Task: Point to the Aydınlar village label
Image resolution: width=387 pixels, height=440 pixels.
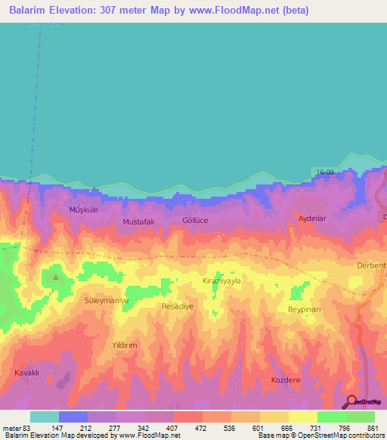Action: pyautogui.click(x=312, y=217)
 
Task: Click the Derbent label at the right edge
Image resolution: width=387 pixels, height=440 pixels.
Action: pyautogui.click(x=371, y=265)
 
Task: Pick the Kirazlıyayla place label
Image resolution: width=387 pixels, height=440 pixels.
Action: pyautogui.click(x=221, y=280)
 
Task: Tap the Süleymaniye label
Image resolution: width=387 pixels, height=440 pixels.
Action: pyautogui.click(x=107, y=300)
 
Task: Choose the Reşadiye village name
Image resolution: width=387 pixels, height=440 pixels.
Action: pyautogui.click(x=178, y=306)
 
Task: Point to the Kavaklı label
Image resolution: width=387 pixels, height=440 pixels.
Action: pyautogui.click(x=26, y=373)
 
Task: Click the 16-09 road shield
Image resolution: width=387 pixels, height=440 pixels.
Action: pyautogui.click(x=325, y=173)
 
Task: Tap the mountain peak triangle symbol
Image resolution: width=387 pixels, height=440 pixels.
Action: pyautogui.click(x=55, y=277)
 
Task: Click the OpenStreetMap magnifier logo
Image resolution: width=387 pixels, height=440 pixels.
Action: pyautogui.click(x=350, y=401)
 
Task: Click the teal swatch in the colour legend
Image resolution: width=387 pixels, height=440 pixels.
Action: pyautogui.click(x=44, y=417)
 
